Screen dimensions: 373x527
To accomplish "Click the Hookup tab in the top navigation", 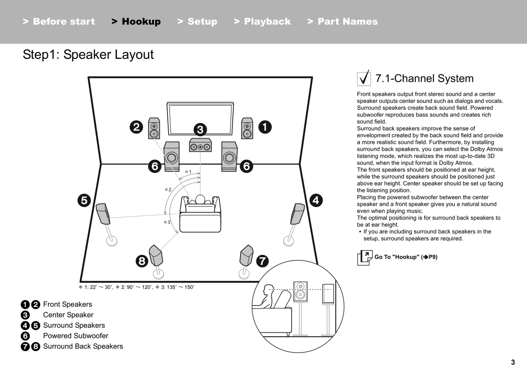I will click(x=136, y=22).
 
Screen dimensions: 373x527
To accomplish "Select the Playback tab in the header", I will click(x=263, y=22).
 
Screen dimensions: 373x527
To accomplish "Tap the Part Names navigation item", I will click(x=343, y=22).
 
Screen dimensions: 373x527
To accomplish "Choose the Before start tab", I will click(x=59, y=22).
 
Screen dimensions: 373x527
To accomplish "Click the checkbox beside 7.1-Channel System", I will click(x=364, y=78).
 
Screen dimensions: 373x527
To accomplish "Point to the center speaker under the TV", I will click(x=200, y=145).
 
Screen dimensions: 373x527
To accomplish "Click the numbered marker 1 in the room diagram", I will click(x=265, y=127).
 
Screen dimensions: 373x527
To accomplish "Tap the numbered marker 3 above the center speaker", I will click(x=200, y=129).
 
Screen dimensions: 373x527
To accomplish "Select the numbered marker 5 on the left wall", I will click(x=84, y=200).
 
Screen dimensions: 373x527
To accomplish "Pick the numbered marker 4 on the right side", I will click(x=316, y=200).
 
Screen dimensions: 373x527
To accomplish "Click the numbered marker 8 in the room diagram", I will click(x=142, y=261).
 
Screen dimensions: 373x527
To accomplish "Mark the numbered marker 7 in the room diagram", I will click(x=262, y=261).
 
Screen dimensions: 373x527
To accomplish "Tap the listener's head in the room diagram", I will click(x=200, y=199).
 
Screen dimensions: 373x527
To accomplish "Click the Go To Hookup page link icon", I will click(x=365, y=257).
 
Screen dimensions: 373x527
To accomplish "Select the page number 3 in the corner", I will click(x=513, y=362).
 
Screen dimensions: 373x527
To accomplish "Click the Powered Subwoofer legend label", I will click(x=75, y=336).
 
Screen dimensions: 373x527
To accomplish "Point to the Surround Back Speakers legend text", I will click(x=83, y=346).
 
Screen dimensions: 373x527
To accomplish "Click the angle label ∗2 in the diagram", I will click(x=168, y=190).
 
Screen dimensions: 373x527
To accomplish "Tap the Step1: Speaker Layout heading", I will click(x=88, y=55).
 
